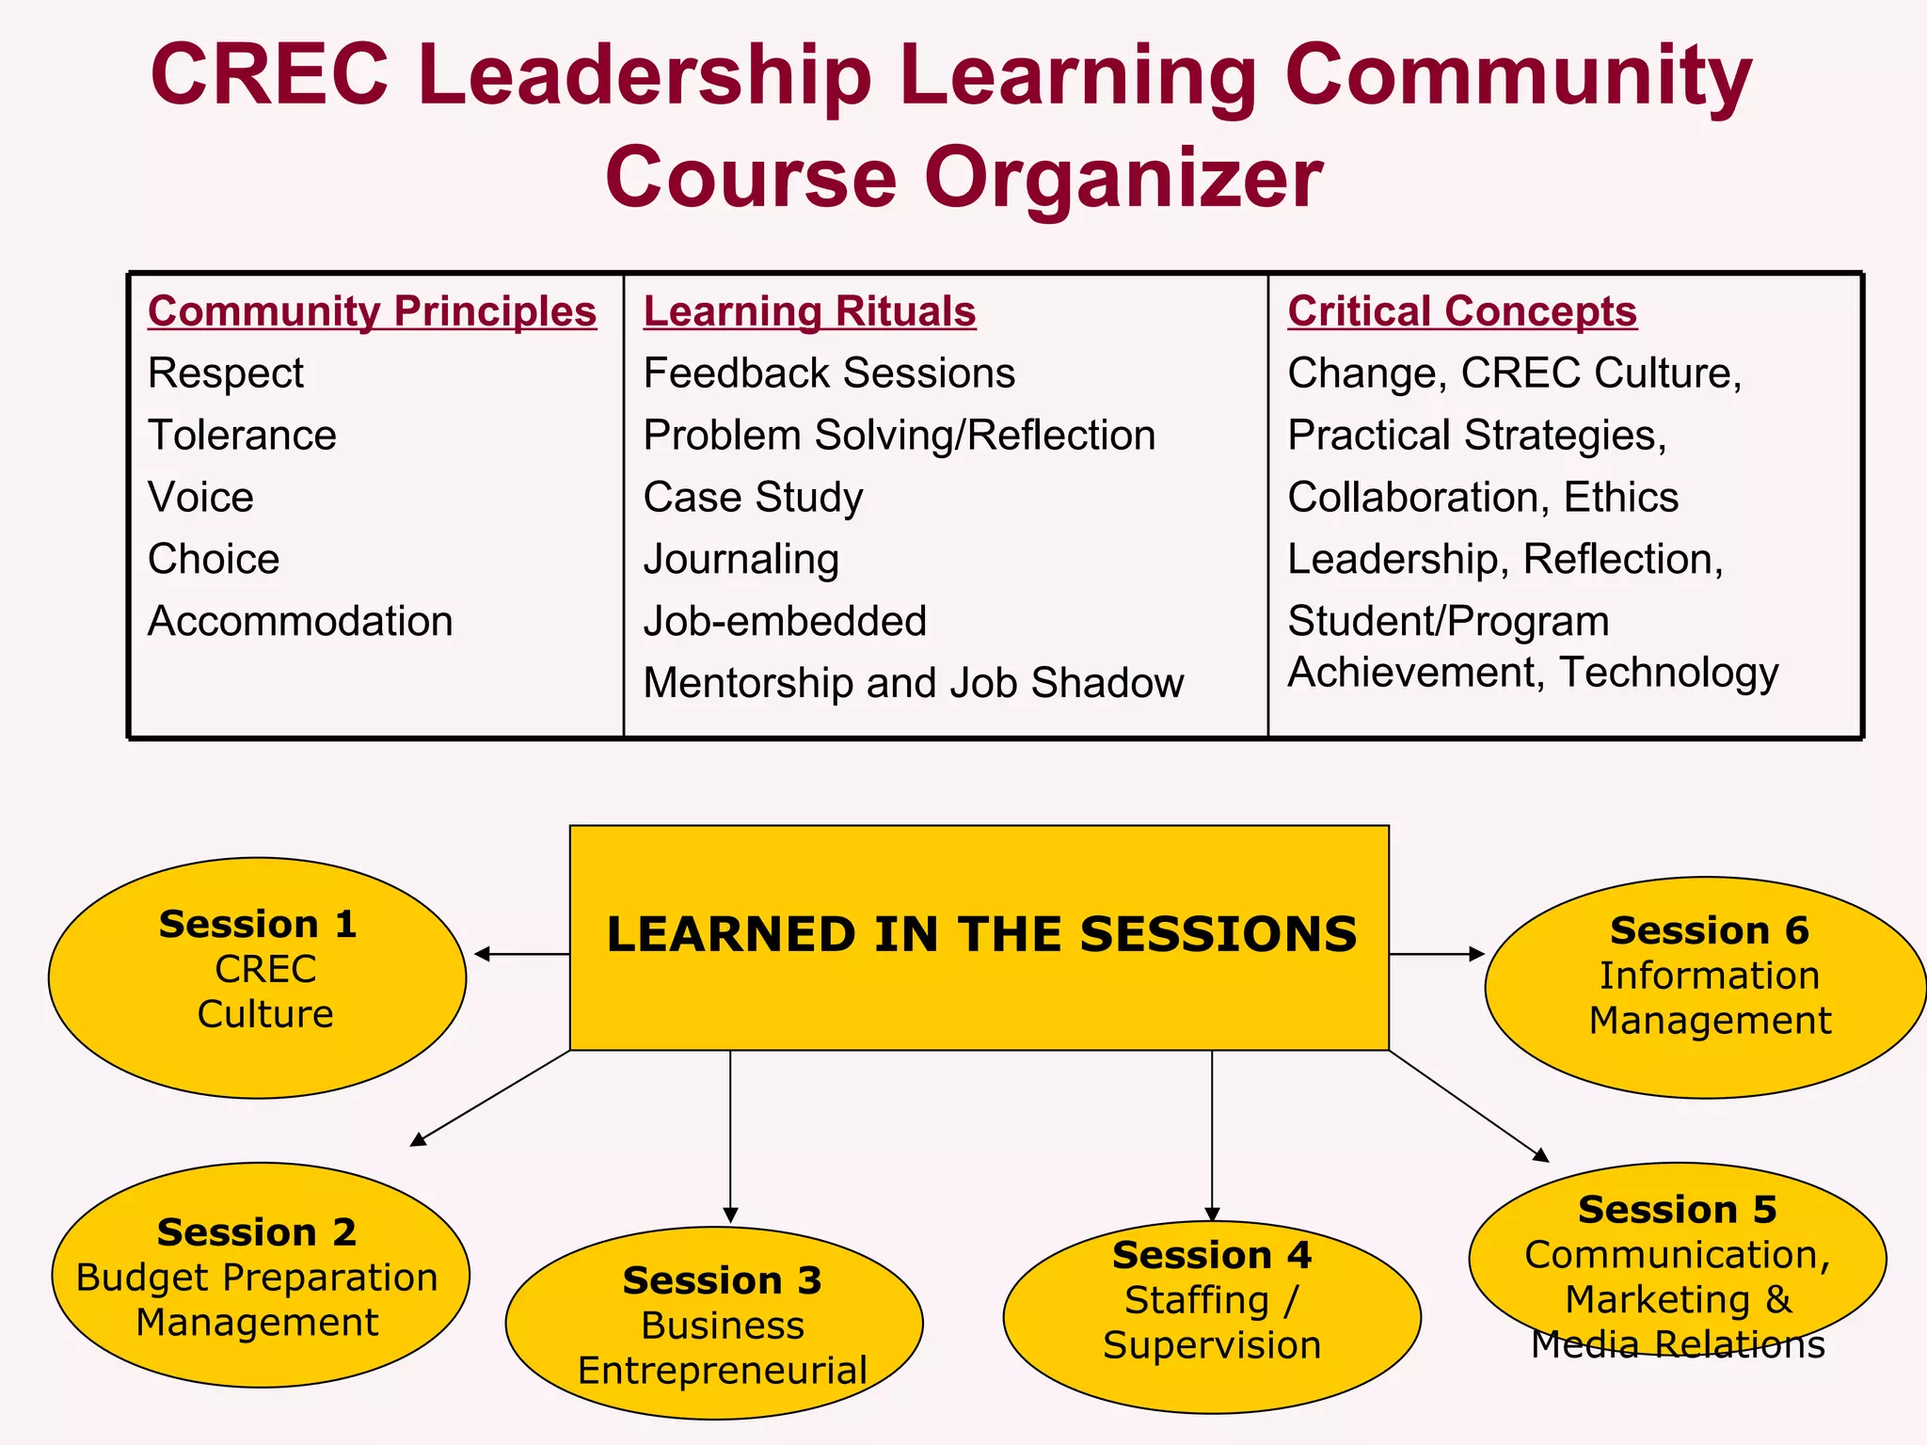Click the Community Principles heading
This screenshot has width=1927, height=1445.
pos(372,311)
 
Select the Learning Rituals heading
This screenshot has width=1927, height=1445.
pos(809,311)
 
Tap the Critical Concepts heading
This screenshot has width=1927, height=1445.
pos(1462,311)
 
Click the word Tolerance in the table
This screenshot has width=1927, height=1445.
pos(242,436)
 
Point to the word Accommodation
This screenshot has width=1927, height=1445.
pos(300,622)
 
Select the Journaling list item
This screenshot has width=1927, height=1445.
pos(741,560)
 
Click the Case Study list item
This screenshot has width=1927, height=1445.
pos(753,498)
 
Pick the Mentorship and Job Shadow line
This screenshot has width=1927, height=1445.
pos(913,684)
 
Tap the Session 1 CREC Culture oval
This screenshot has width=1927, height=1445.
pos(257,977)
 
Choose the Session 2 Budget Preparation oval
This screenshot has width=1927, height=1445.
pos(260,1275)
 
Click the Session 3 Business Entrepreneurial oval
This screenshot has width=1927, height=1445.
pos(714,1322)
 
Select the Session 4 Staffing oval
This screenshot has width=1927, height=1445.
pos(1212,1316)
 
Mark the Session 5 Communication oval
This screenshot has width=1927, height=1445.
pos(1677,1259)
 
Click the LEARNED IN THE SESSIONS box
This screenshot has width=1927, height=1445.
pos(979,937)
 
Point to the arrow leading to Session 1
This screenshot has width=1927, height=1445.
pos(522,954)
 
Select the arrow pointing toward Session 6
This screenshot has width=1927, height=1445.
pos(1437,954)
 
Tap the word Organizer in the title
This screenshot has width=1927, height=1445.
pos(1123,178)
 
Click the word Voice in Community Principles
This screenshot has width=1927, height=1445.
pos(200,498)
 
